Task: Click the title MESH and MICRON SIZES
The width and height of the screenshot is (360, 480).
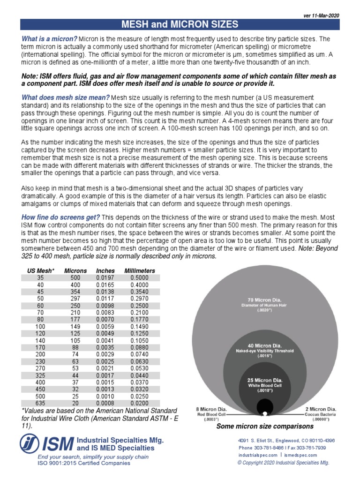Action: click(180, 24)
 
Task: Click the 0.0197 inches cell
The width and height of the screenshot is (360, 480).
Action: click(105, 278)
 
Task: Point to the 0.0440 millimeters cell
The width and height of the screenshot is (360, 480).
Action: click(139, 375)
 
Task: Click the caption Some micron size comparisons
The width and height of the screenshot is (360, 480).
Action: click(264, 427)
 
